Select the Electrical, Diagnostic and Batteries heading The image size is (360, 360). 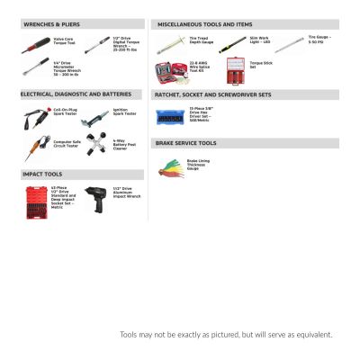coord(76,94)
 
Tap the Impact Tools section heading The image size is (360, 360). coord(43,173)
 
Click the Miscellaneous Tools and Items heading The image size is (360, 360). coord(204,24)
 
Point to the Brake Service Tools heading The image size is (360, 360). coord(185,143)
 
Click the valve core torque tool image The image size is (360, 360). coord(37,41)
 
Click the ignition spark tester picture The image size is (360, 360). coord(94,116)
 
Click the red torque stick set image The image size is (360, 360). coord(234,67)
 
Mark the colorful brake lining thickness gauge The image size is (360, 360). coord(169,165)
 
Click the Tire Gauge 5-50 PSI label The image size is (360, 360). coord(319,40)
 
